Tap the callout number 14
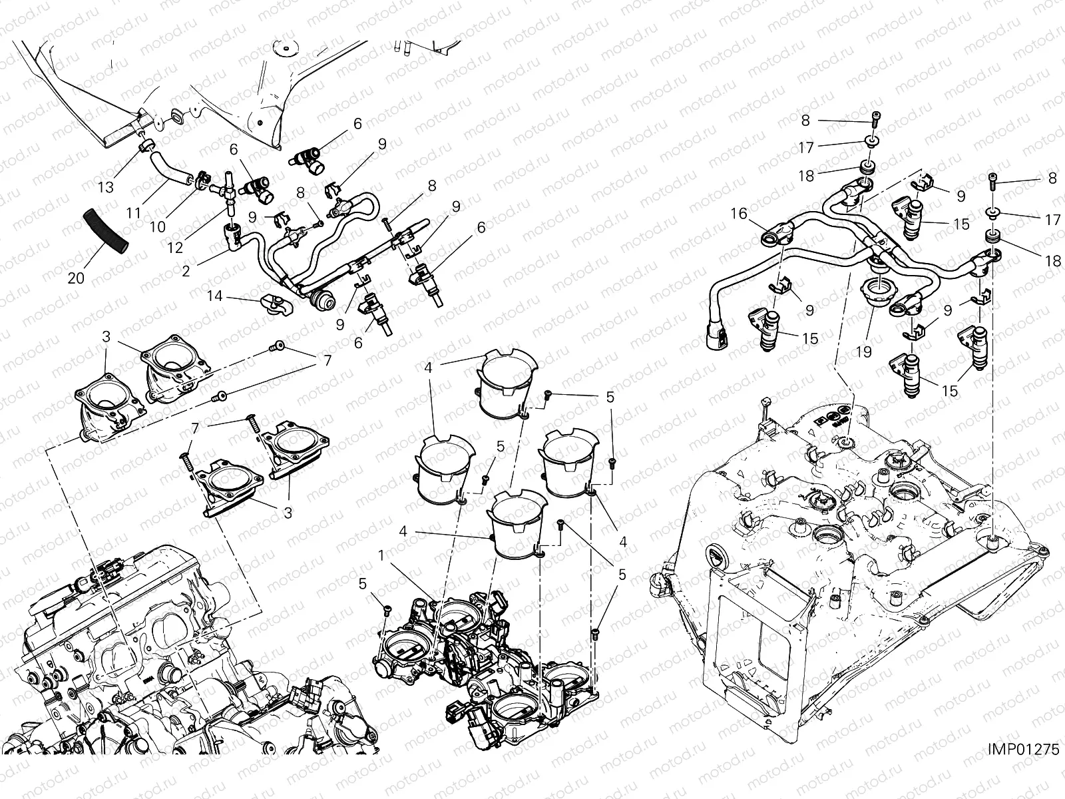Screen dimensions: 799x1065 pos(214,295)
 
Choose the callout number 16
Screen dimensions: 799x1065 pos(740,214)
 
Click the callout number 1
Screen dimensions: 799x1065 pos(381,555)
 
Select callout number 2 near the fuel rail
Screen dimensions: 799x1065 pos(186,270)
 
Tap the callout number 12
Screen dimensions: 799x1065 pos(174,247)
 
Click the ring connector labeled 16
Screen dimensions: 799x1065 pos(778,237)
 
